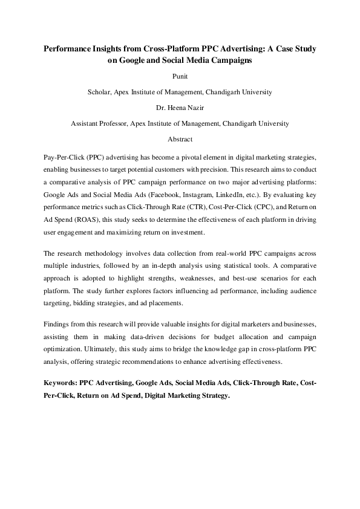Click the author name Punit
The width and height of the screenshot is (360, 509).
coord(180,77)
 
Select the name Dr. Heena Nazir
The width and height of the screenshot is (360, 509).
coord(180,108)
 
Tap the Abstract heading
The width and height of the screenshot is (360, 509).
coord(180,139)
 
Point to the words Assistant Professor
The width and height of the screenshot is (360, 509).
coord(98,123)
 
